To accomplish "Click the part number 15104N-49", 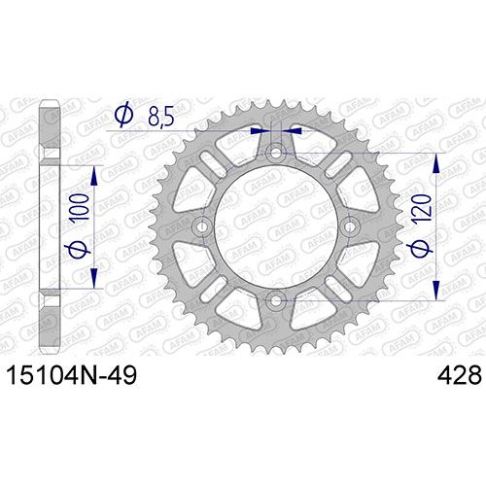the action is coord(72,376).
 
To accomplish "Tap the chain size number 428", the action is coord(459,376).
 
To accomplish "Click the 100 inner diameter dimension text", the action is coord(79,207).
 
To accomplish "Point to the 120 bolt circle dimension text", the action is coord(423,207).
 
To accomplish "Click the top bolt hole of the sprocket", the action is coord(276,153).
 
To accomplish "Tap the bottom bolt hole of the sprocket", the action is coord(275,300).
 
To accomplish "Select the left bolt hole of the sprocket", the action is coord(202,226).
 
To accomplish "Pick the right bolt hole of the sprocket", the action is coord(349,226).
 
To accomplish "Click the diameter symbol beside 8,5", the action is coord(124,115).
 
